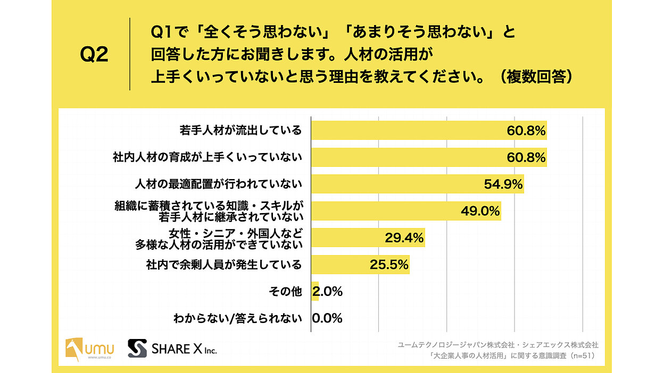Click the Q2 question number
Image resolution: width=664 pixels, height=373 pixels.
94,55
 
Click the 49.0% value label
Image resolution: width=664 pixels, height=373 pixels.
480,211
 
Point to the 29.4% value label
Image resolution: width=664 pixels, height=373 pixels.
404,238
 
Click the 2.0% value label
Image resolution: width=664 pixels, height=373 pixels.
328,291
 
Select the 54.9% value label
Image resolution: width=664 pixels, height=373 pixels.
503,184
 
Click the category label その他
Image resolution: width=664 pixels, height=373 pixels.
286,291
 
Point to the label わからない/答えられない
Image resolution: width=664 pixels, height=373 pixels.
238,318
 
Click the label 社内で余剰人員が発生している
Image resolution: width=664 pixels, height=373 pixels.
223,264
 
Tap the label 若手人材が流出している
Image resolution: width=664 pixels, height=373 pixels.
240,130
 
